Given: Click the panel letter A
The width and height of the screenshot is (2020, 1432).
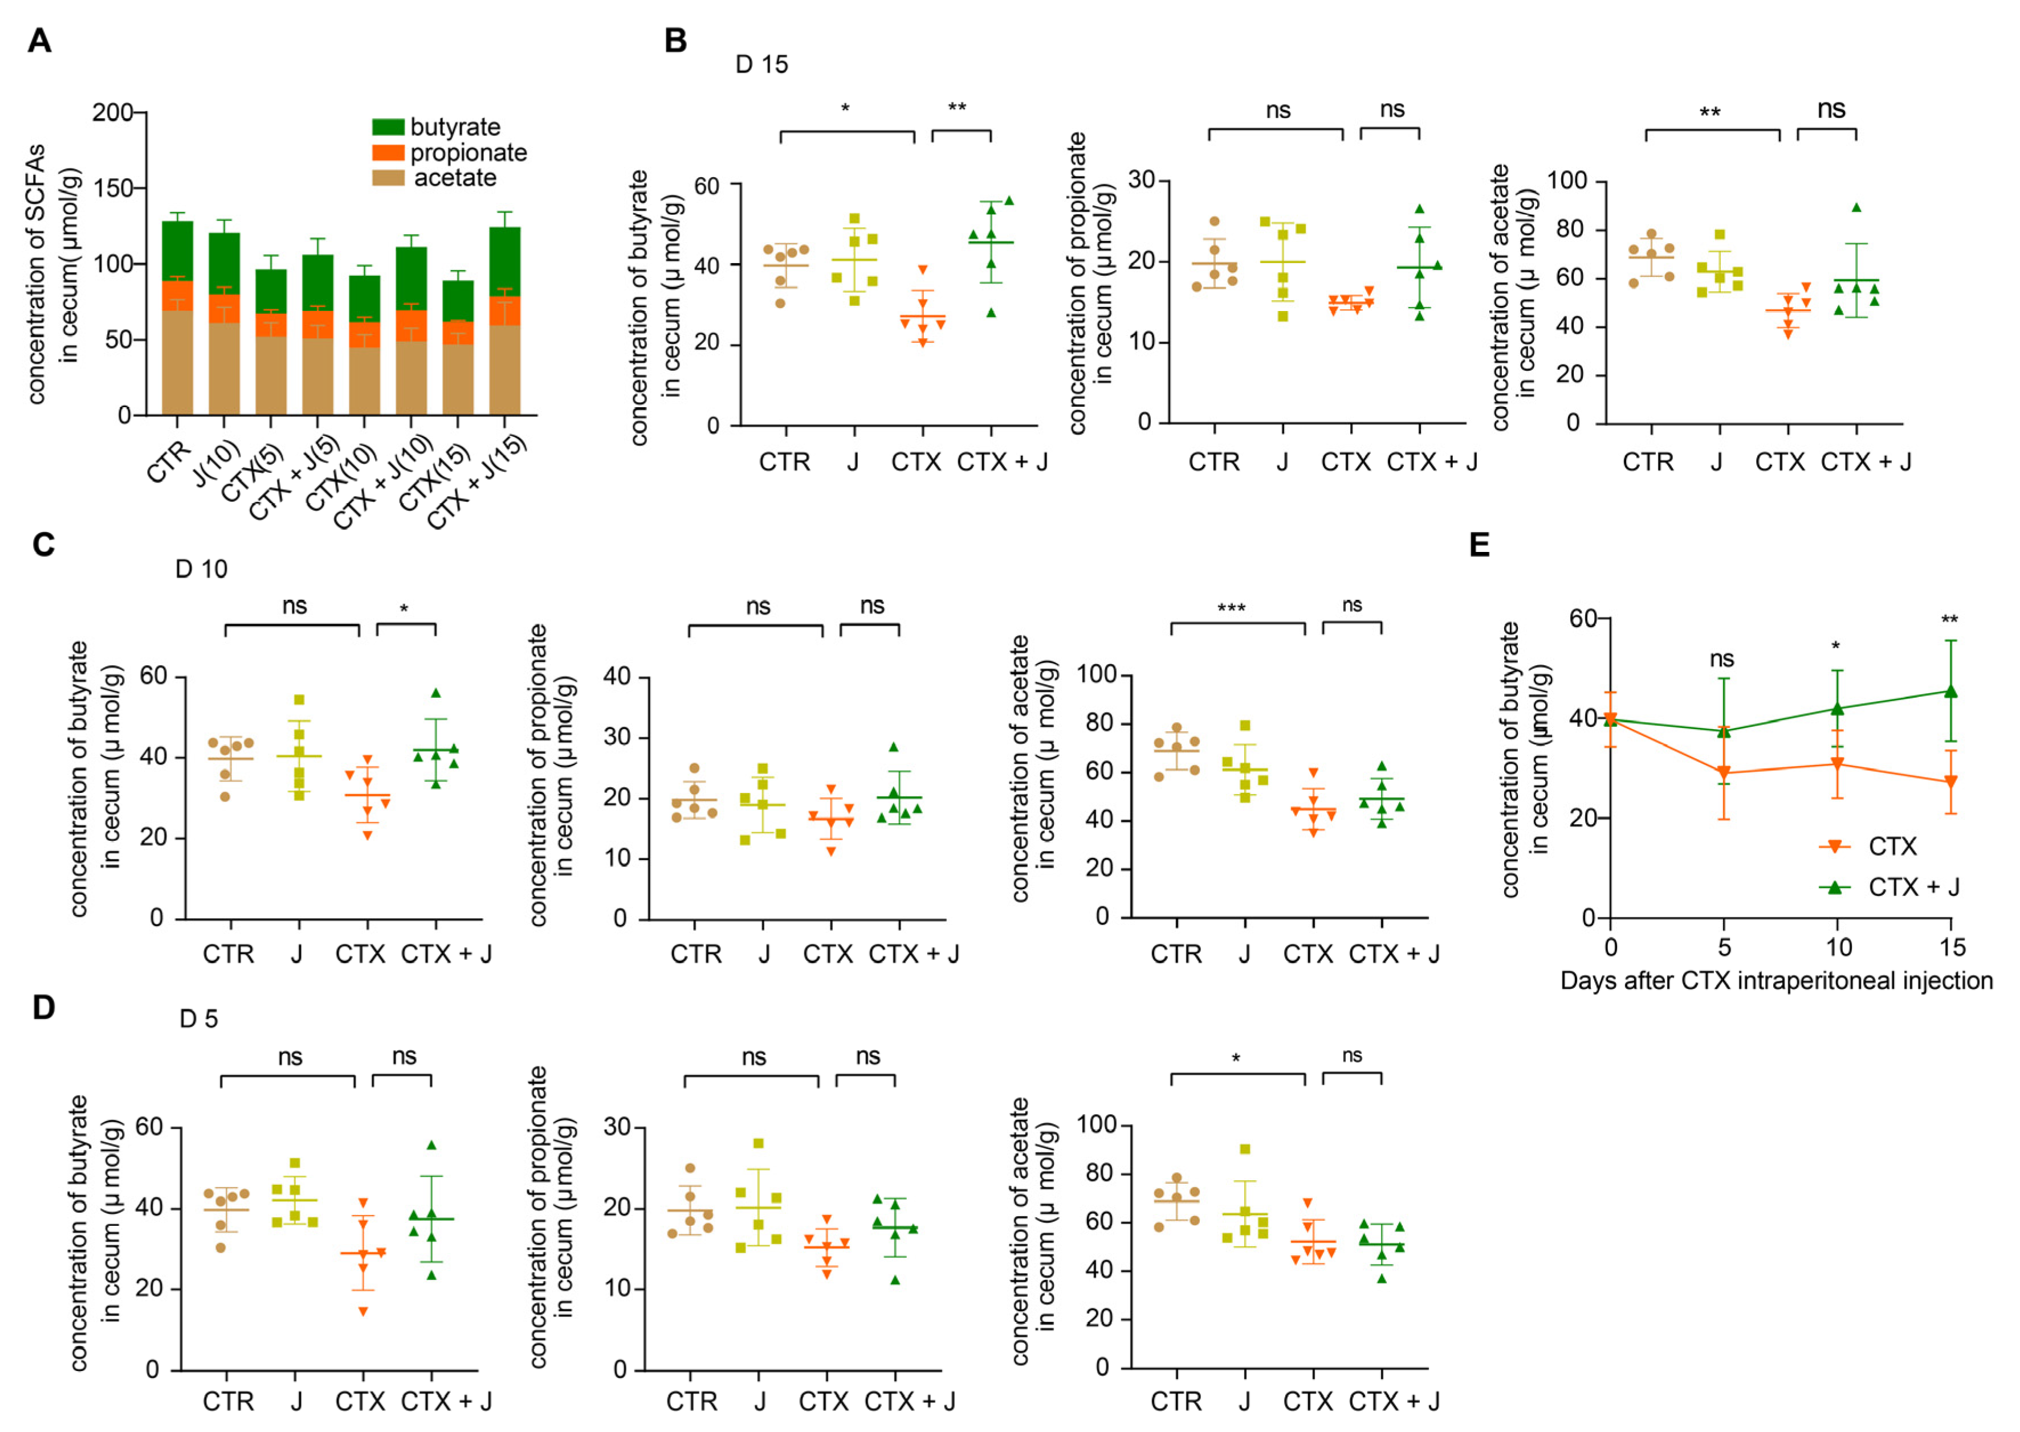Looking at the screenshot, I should click(x=40, y=40).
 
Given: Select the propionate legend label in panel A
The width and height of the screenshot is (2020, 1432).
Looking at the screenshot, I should click(x=469, y=153).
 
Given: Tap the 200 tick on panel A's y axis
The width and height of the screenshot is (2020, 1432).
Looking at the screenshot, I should click(x=112, y=113).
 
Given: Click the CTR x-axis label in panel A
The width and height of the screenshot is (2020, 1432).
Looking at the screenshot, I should click(x=169, y=463).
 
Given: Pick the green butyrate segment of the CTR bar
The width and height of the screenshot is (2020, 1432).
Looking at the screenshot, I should click(x=177, y=251).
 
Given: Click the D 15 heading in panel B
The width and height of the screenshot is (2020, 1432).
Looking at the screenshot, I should click(x=761, y=64).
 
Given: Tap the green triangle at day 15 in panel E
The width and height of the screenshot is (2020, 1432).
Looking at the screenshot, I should click(x=1951, y=692).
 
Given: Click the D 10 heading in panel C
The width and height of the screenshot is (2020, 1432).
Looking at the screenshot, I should click(x=201, y=570).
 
